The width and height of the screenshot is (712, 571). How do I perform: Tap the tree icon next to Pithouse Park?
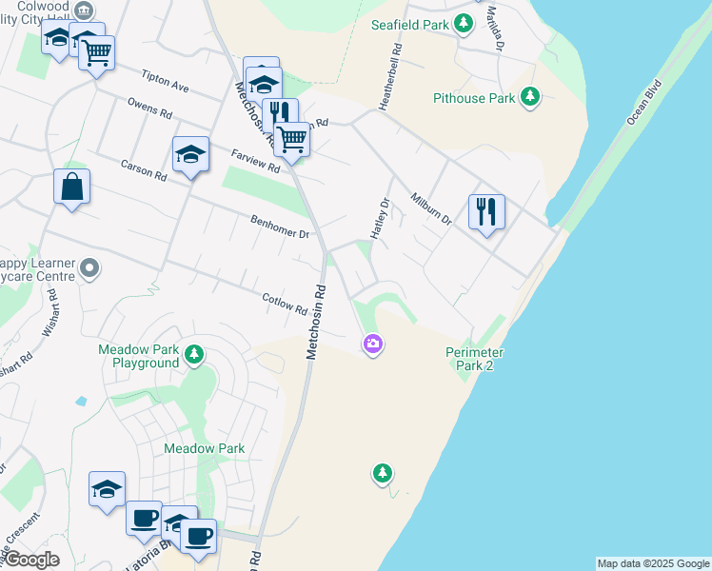point(530,97)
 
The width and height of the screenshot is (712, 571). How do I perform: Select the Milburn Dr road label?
point(431,209)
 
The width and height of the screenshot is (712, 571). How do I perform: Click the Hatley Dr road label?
point(381,219)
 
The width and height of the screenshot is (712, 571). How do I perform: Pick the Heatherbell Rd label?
point(390,77)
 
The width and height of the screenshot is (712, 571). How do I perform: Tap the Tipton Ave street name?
point(166,81)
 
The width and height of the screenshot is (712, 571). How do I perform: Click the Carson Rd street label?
point(144,169)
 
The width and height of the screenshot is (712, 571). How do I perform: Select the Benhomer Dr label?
point(280,227)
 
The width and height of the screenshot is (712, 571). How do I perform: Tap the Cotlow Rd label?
point(286,304)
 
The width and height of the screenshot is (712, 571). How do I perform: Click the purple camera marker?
point(373,344)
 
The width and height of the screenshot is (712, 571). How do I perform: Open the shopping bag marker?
point(71,187)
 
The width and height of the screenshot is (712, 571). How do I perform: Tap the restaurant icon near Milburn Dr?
point(486,211)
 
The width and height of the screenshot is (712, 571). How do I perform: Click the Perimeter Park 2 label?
point(474,359)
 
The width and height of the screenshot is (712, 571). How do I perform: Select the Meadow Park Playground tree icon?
point(194,355)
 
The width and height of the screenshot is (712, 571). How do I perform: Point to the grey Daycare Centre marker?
point(89,269)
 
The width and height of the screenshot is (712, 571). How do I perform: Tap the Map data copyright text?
point(652,563)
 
